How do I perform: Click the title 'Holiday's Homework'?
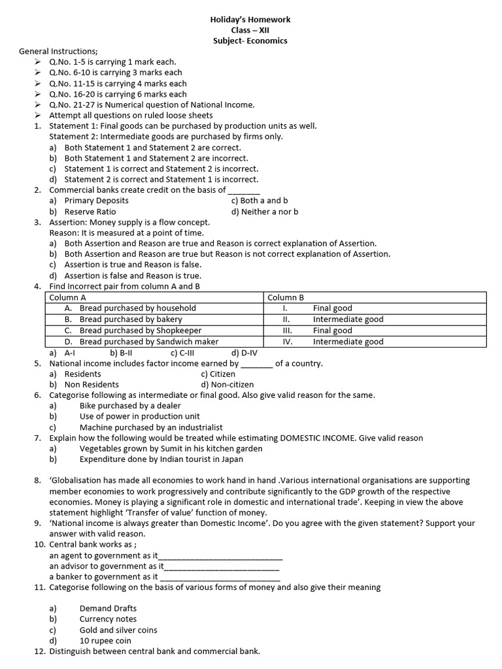click(250, 20)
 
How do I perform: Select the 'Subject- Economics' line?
click(250, 41)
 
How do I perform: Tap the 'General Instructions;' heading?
click(58, 51)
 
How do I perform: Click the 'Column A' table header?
click(69, 297)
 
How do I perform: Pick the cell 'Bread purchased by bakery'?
click(131, 319)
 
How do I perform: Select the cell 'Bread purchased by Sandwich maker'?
click(149, 342)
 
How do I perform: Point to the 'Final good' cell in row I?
click(332, 308)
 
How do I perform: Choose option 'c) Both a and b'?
click(259, 201)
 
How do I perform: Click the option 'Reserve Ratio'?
click(90, 212)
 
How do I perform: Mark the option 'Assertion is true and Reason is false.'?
click(133, 265)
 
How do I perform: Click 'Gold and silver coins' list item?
click(118, 630)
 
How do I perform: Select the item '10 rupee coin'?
click(105, 641)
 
